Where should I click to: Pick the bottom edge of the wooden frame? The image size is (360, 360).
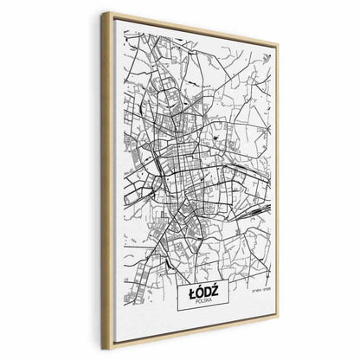coord(190,337)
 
